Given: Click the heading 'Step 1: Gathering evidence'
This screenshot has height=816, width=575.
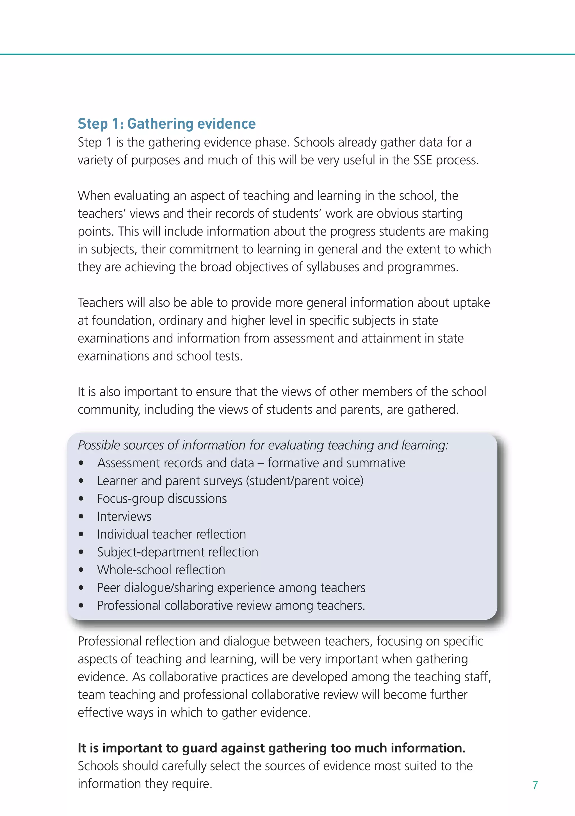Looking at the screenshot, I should pyautogui.click(x=167, y=124).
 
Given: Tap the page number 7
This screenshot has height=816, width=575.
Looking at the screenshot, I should pyautogui.click(x=535, y=785).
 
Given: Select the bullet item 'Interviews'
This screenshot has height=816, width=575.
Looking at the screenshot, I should pyautogui.click(x=124, y=516).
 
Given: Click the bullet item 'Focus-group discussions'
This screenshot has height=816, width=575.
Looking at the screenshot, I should pyautogui.click(x=162, y=499).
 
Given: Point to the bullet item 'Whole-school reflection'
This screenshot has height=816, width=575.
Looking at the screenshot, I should pyautogui.click(x=161, y=570).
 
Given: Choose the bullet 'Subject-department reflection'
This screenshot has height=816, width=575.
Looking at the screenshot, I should pyautogui.click(x=178, y=552).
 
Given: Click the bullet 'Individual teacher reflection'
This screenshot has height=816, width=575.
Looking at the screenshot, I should pyautogui.click(x=171, y=534).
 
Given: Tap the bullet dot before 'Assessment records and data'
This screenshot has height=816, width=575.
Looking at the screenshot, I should pyautogui.click(x=81, y=463).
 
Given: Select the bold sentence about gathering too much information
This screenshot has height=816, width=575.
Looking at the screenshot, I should pyautogui.click(x=271, y=748).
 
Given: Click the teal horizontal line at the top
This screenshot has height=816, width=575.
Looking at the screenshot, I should pyautogui.click(x=287, y=54).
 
